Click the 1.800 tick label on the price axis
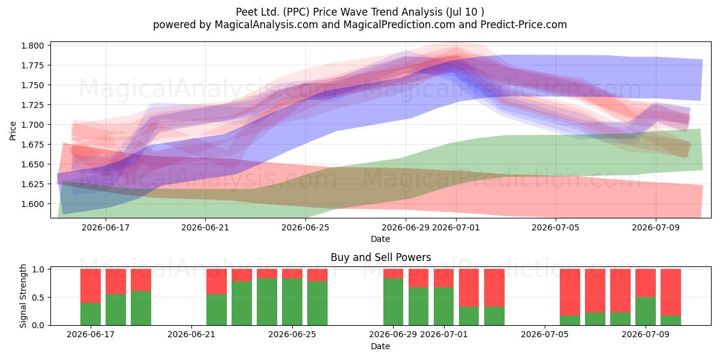(x=32, y=46)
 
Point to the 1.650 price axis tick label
(x=32, y=164)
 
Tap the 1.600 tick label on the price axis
(x=32, y=204)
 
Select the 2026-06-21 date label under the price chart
(x=205, y=227)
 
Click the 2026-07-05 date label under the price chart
(x=556, y=227)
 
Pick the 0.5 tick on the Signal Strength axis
(x=38, y=298)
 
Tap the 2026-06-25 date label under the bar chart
(x=292, y=334)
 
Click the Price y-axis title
(x=13, y=131)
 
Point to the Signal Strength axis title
(x=23, y=296)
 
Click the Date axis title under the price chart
(x=380, y=239)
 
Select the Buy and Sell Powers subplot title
(x=380, y=257)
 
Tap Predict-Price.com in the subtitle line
(x=524, y=25)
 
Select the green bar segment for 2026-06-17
(x=91, y=314)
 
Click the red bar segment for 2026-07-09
(x=646, y=283)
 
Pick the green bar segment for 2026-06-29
(x=393, y=302)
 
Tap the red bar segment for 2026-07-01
(x=443, y=278)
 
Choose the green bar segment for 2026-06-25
(x=292, y=302)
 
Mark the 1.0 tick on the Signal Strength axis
(x=38, y=269)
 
